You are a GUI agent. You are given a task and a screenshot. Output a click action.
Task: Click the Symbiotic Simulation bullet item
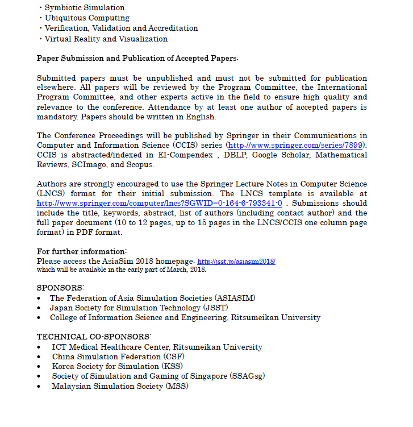[85, 8]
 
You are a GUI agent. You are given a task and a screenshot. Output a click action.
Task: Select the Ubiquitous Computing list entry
[87, 18]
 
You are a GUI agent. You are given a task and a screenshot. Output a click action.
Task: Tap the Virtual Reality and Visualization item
[106, 39]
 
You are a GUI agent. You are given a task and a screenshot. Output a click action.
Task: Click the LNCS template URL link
[160, 203]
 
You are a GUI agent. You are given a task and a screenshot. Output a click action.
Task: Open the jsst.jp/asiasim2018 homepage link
[236, 262]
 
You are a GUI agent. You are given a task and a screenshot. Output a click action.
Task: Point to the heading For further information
[82, 251]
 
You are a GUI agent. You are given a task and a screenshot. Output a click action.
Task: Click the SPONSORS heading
[60, 288]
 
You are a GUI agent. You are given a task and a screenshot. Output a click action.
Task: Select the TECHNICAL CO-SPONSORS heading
[94, 337]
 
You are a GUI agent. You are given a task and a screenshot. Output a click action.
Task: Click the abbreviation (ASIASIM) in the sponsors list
[235, 298]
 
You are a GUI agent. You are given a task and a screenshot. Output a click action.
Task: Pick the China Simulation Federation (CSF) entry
[118, 356]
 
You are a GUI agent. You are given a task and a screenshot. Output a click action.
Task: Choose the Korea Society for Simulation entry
[114, 366]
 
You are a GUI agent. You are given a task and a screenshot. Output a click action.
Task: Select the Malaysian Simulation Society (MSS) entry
[120, 386]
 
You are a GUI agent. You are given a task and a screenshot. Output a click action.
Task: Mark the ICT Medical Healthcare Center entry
[157, 347]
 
